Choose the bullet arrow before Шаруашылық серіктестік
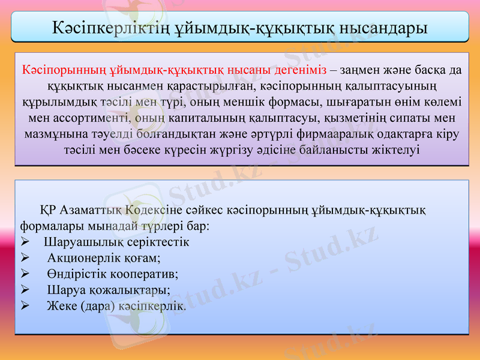pyautogui.click(x=25, y=243)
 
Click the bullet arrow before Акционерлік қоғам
pyautogui.click(x=25, y=259)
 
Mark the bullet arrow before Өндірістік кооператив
pyautogui.click(x=25, y=274)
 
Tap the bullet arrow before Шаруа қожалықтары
pyautogui.click(x=25, y=290)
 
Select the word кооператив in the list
pyautogui.click(x=145, y=274)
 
